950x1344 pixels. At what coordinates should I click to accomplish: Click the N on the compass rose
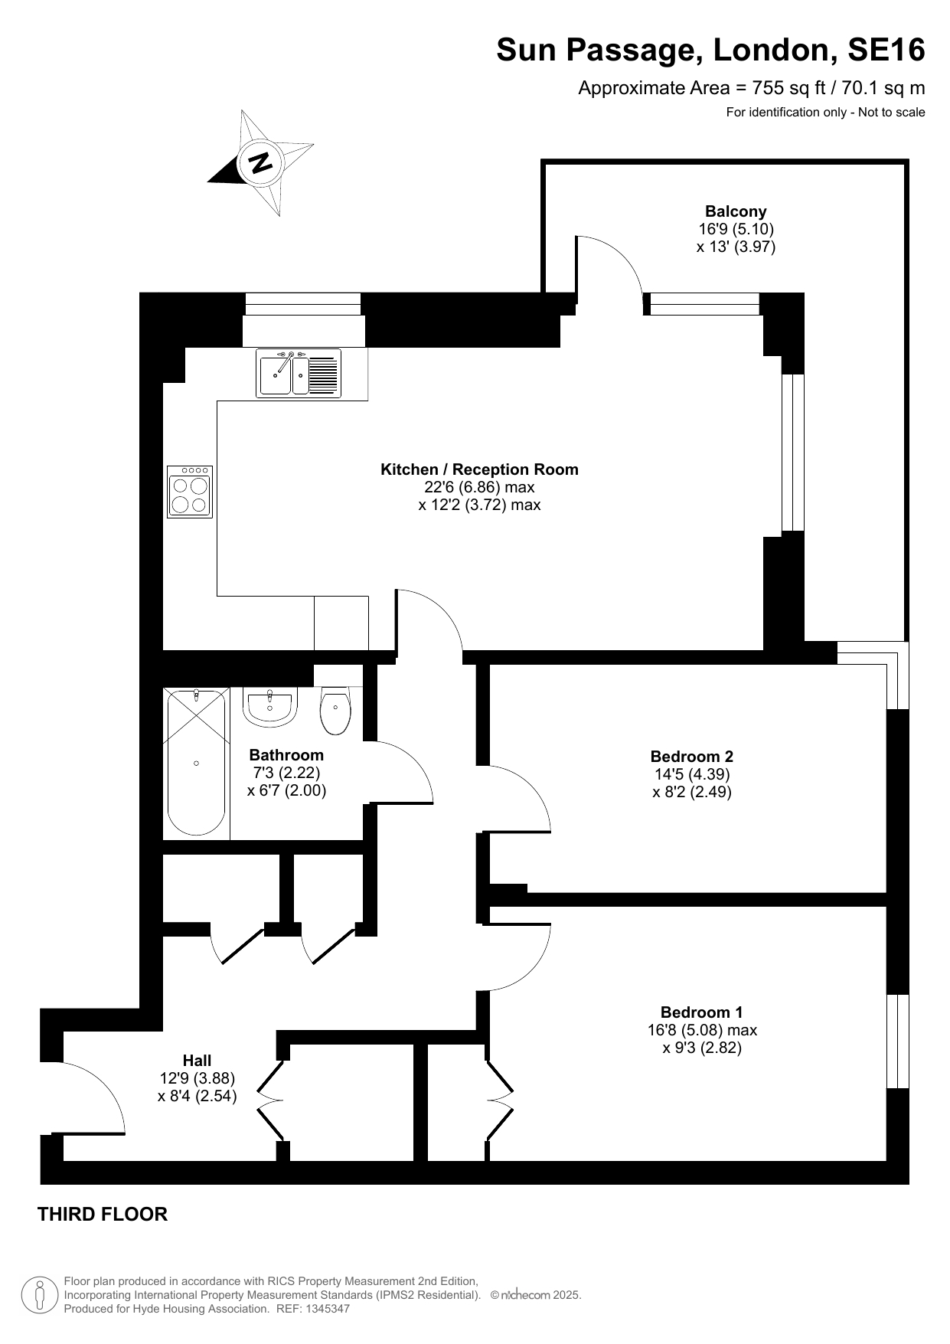tap(261, 162)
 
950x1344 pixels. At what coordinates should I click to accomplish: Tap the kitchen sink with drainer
tap(299, 373)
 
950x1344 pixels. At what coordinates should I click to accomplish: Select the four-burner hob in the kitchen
tap(190, 492)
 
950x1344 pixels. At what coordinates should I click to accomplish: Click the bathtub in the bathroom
tap(197, 762)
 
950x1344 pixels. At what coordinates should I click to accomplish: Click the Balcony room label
tap(736, 211)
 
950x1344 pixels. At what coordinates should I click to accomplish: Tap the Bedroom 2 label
tap(692, 757)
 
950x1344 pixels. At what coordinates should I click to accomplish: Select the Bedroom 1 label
tap(702, 1012)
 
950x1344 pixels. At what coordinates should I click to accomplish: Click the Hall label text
tap(197, 1061)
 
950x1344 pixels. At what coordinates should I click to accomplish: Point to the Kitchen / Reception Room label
tap(480, 469)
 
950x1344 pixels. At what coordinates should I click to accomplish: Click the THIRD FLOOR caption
tap(103, 1214)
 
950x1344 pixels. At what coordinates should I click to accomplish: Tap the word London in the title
tap(773, 51)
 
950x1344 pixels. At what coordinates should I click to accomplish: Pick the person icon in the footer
tap(40, 1294)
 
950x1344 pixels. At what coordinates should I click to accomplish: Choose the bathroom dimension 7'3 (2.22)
tap(287, 773)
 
